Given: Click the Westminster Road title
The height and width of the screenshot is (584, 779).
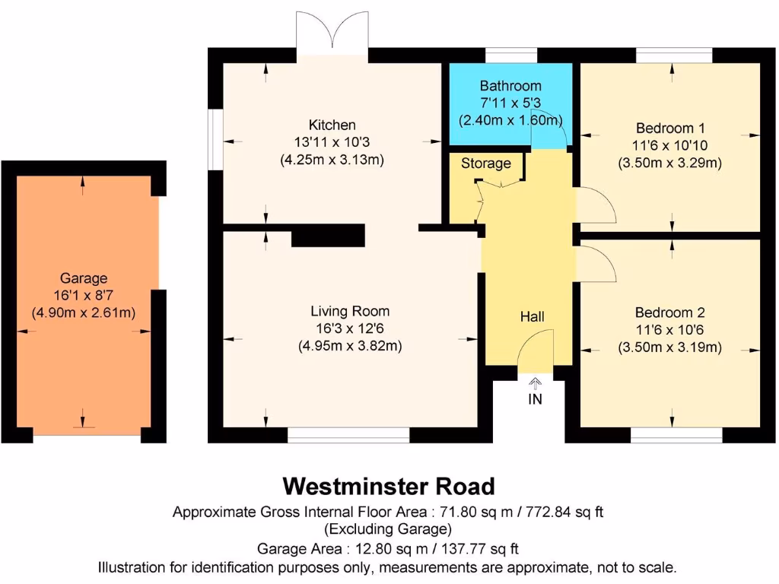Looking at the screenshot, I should tap(389, 486).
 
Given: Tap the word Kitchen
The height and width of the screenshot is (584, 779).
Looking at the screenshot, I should tap(332, 125).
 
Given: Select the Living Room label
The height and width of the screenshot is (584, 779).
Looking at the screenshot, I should tap(350, 311).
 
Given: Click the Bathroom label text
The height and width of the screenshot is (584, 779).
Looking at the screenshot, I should tap(510, 86).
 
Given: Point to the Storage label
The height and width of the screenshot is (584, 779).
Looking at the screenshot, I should tap(486, 163).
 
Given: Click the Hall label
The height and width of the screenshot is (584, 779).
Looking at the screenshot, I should tap(533, 316).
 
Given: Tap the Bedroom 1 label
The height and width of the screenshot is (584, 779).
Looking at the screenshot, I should tap(670, 128).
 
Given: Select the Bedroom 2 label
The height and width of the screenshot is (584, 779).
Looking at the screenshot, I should tap(670, 313).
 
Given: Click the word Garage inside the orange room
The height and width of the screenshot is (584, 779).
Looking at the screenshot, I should tap(84, 278).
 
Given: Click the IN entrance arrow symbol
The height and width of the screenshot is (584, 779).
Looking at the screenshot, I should tap(535, 382).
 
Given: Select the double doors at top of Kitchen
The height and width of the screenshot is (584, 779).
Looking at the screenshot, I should tap(332, 34).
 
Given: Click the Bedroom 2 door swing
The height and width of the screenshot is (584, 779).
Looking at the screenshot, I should tap(596, 263).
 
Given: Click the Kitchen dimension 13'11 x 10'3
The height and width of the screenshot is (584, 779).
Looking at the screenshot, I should tap(332, 142).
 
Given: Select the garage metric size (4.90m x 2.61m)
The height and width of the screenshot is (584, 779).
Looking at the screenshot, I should tap(84, 313).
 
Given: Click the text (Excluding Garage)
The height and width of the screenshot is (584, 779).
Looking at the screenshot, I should tap(389, 528).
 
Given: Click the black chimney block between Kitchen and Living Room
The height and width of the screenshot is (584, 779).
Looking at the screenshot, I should tap(329, 236).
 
